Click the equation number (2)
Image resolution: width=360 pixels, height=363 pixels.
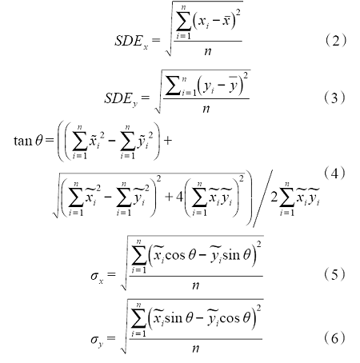(x=335, y=41)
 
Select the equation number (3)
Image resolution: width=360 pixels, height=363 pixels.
(x=334, y=98)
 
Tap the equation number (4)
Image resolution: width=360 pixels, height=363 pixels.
(x=334, y=174)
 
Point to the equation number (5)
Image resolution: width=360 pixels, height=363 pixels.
(x=334, y=274)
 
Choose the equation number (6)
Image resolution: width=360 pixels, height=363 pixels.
(x=334, y=338)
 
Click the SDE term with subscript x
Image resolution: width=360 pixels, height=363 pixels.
(x=131, y=42)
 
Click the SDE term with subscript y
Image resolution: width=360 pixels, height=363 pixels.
(x=121, y=99)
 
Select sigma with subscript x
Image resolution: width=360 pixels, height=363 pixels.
(x=97, y=276)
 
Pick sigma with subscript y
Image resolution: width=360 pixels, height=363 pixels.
(x=97, y=340)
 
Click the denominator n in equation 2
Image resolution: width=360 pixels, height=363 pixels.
(x=208, y=51)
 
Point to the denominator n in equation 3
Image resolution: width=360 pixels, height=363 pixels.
(x=206, y=108)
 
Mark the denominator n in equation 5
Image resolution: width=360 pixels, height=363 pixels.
(x=196, y=285)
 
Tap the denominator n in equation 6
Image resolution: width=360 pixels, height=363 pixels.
(x=196, y=349)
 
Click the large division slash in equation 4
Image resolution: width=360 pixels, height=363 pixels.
(x=262, y=198)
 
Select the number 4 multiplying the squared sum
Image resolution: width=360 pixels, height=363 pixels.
(x=179, y=197)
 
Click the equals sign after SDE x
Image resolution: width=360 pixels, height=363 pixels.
(x=156, y=41)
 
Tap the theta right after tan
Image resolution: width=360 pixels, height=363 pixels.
(x=39, y=140)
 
